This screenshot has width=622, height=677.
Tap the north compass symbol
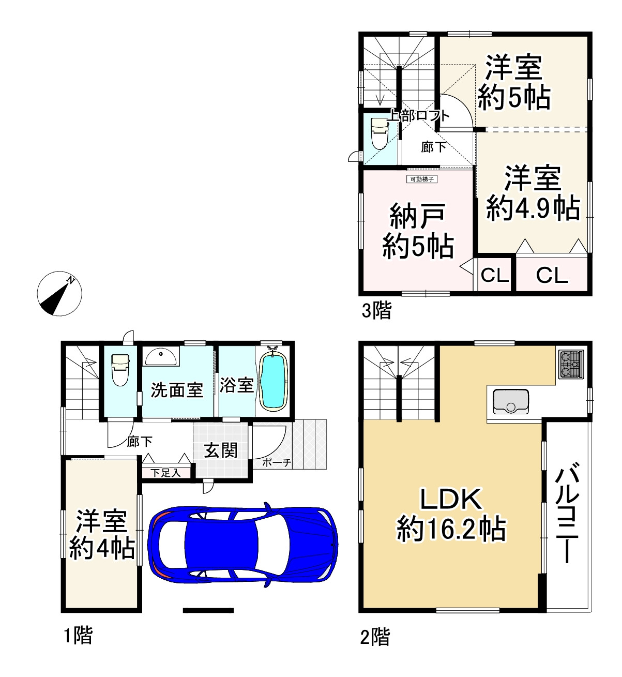point(60,293)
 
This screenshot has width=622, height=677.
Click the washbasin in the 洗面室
point(161,356)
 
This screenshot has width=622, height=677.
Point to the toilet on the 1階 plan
point(120,369)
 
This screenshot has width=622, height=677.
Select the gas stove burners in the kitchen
point(570,363)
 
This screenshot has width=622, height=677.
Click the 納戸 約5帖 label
point(418,231)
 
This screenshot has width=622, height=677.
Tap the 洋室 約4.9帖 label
point(533,193)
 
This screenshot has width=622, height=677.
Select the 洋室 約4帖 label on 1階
point(102,534)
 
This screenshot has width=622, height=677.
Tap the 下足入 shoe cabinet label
point(165,472)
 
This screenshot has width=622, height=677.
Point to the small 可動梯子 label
point(422,179)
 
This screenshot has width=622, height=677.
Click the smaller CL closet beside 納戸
point(495,276)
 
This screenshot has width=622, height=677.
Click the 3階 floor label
point(376,311)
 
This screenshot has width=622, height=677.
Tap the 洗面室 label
point(177,390)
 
